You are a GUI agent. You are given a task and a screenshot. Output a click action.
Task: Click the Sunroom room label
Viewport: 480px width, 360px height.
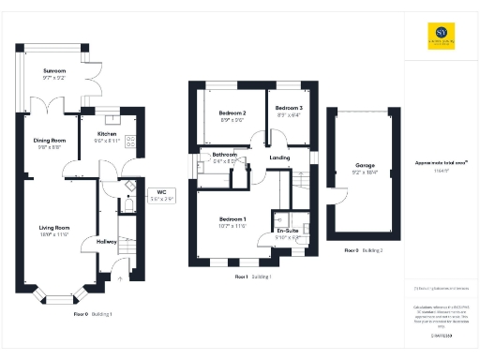tap(54, 70)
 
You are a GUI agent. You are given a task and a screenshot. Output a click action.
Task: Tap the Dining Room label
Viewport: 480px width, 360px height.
tap(50, 141)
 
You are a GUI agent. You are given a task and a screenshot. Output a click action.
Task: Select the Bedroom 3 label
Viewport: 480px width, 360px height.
tap(289, 109)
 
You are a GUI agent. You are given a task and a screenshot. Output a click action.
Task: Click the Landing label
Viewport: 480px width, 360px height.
tap(279, 157)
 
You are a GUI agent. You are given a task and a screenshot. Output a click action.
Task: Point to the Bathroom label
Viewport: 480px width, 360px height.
tap(225, 155)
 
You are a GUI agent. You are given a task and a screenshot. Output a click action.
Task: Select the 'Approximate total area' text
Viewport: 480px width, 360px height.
tap(435, 162)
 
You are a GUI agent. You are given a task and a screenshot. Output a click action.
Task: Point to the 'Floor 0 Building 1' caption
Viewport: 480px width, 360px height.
tap(94, 313)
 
